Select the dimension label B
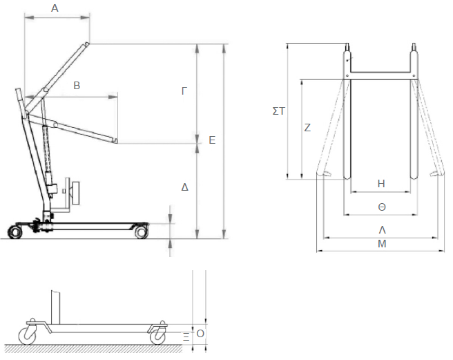coord(77,86)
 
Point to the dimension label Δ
coord(184,187)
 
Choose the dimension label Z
coord(307,128)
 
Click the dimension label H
coord(381,183)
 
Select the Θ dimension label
coord(381,207)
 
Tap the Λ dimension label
coord(381,230)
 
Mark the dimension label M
coord(381,244)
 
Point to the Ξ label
coord(186,336)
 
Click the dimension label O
coord(200,333)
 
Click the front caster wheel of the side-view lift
coord(141,232)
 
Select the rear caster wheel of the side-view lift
coord(15,231)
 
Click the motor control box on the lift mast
coord(74,191)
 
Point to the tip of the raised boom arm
coord(88,44)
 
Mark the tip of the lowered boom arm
coord(116,142)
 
